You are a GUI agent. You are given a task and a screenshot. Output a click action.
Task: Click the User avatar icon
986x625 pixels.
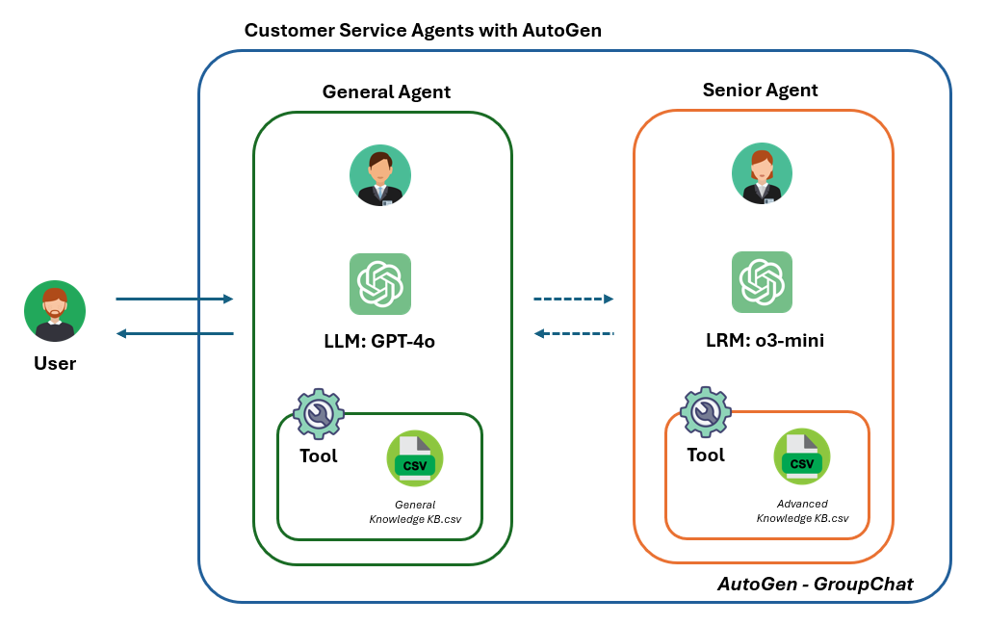[x=55, y=312]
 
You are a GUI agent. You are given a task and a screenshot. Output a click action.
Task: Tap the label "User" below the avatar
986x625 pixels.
[x=55, y=363]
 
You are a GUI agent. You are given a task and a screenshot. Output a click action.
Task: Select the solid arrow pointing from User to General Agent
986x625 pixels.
[x=174, y=299]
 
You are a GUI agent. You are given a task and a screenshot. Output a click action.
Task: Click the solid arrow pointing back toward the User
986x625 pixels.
[x=174, y=333]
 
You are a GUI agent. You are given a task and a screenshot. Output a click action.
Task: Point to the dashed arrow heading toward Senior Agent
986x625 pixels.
[x=574, y=299]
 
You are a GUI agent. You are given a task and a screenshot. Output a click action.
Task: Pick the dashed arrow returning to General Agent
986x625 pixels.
[x=574, y=333]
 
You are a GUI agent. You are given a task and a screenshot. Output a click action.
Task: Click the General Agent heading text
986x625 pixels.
[x=386, y=92]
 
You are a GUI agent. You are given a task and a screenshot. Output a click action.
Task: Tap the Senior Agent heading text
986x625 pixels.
[x=760, y=91]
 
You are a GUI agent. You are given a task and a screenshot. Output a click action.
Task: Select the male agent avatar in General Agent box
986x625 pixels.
[x=380, y=176]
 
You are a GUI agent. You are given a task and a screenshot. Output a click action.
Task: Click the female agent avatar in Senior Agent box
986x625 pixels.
[x=762, y=174]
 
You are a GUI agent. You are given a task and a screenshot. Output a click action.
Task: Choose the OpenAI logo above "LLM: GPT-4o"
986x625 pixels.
[x=380, y=284]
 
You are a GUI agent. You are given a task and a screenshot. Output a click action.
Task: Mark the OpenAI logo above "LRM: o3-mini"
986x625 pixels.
[x=762, y=282]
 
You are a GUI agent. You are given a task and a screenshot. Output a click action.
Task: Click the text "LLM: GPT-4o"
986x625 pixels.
[x=380, y=341]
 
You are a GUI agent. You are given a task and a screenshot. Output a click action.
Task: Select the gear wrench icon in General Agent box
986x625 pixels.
[x=318, y=414]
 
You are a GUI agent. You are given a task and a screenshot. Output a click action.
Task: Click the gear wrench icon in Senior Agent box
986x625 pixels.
[x=706, y=412]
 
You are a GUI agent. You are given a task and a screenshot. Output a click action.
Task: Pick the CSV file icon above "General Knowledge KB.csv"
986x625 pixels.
[x=415, y=460]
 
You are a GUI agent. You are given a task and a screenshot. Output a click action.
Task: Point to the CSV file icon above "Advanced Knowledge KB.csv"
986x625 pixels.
[x=802, y=457]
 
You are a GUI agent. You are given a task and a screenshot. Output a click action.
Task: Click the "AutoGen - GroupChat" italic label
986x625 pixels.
[x=815, y=584]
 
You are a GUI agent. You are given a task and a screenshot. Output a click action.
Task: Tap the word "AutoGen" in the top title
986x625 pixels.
[x=561, y=30]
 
